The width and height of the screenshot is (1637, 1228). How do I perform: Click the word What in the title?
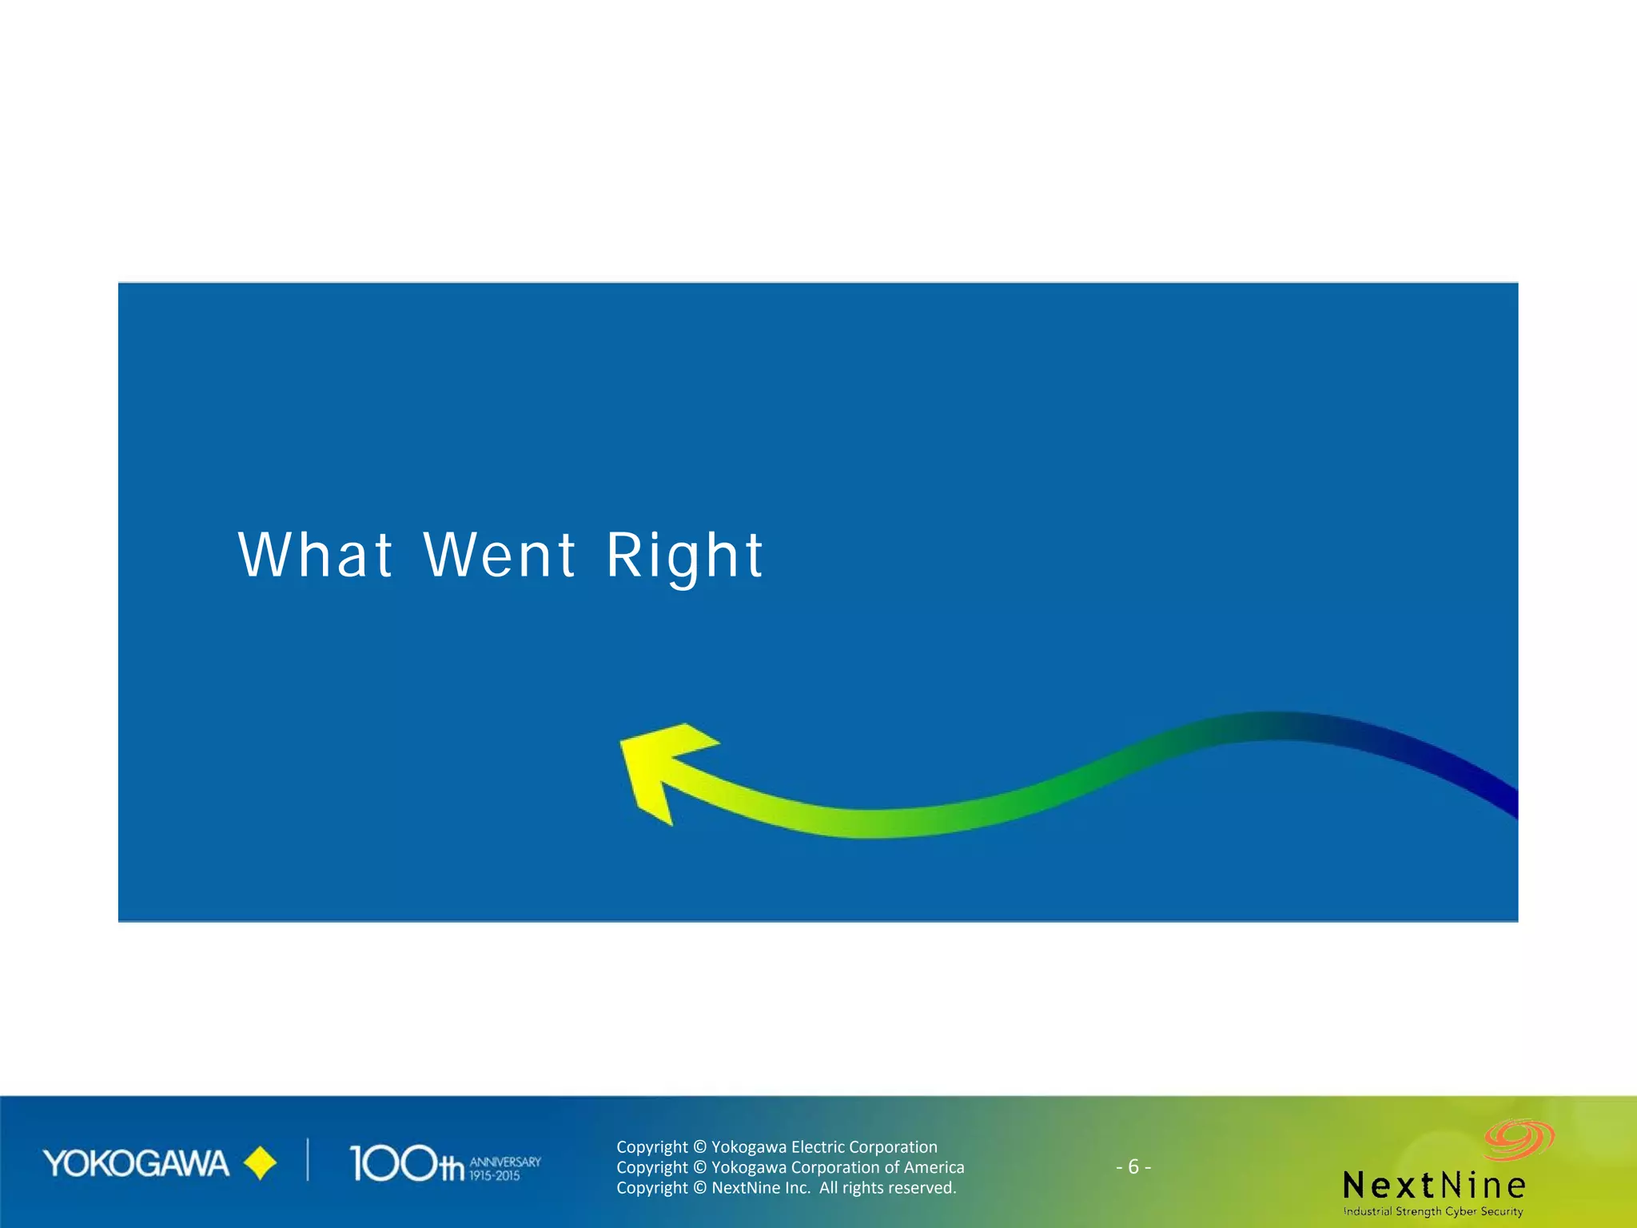pyautogui.click(x=315, y=555)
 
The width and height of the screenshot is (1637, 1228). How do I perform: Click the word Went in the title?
pyautogui.click(x=500, y=555)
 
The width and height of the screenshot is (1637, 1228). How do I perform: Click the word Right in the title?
pyautogui.click(x=684, y=556)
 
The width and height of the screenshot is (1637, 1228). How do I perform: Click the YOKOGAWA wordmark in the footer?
pyautogui.click(x=136, y=1164)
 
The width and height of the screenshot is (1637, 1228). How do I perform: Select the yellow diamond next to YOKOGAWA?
pyautogui.click(x=260, y=1164)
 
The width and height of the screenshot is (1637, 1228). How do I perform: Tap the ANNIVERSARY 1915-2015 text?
pyautogui.click(x=504, y=1168)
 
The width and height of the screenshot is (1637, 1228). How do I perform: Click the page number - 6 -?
pyautogui.click(x=1133, y=1167)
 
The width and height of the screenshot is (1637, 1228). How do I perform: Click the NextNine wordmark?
pyautogui.click(x=1434, y=1185)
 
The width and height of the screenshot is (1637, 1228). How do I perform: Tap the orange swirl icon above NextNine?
pyautogui.click(x=1518, y=1138)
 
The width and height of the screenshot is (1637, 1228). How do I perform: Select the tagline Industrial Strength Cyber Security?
pyautogui.click(x=1433, y=1211)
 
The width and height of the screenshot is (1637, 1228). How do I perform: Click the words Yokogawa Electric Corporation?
pyautogui.click(x=824, y=1147)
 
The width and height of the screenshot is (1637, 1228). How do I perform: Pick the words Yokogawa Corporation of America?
pyautogui.click(x=838, y=1167)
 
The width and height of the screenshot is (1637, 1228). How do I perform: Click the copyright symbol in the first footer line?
pyautogui.click(x=699, y=1147)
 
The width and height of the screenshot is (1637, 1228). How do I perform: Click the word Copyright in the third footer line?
pyautogui.click(x=651, y=1188)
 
